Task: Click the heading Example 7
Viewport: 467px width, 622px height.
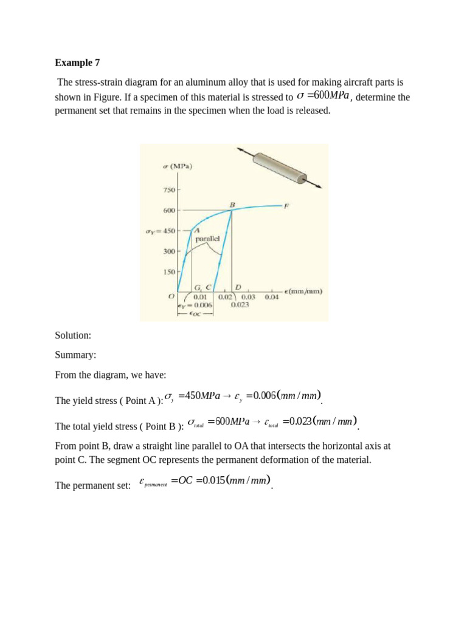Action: pyautogui.click(x=77, y=62)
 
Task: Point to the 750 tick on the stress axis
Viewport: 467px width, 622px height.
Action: pyautogui.click(x=168, y=190)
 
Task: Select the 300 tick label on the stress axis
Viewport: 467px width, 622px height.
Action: pyautogui.click(x=168, y=251)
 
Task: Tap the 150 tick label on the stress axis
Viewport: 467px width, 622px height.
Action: pyautogui.click(x=168, y=272)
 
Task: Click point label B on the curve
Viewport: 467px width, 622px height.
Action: pyautogui.click(x=232, y=204)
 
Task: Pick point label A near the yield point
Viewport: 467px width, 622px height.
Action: pyautogui.click(x=198, y=230)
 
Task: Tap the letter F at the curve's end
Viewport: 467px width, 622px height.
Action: pyautogui.click(x=286, y=206)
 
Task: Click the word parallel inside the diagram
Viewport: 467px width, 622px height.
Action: pyautogui.click(x=207, y=239)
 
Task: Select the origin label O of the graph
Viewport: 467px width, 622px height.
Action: pyautogui.click(x=171, y=296)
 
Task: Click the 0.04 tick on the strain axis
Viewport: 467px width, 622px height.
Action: pyautogui.click(x=272, y=297)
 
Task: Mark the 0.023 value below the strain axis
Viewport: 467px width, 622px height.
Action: pyautogui.click(x=241, y=305)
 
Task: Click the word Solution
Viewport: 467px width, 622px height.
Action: pyautogui.click(x=73, y=335)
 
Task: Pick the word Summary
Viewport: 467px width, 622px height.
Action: pyautogui.click(x=75, y=355)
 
